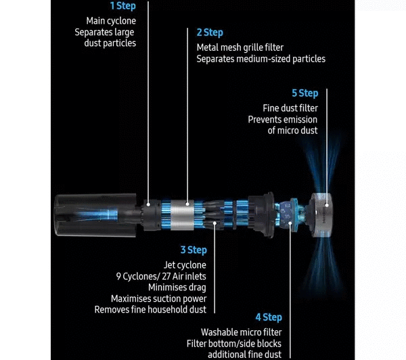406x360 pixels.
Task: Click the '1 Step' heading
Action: (x=123, y=6)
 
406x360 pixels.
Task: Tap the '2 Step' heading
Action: (x=210, y=32)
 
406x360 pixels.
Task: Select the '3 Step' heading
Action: (x=194, y=250)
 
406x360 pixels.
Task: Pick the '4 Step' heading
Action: (x=269, y=317)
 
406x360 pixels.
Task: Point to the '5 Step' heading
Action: (x=305, y=93)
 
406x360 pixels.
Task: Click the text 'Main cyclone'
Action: (x=111, y=21)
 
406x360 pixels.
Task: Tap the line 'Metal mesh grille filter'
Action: (x=240, y=47)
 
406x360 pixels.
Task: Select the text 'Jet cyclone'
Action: (x=185, y=265)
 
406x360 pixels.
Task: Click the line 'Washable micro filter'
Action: (x=242, y=332)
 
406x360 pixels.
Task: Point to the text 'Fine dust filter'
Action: (x=290, y=108)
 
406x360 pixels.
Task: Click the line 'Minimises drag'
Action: (x=177, y=287)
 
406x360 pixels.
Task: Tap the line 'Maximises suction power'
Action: (x=159, y=298)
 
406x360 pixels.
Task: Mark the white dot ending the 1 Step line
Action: (x=148, y=204)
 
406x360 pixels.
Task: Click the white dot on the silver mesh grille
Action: (x=187, y=204)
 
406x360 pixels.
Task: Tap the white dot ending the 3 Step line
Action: (x=215, y=223)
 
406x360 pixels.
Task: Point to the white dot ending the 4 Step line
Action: (x=290, y=223)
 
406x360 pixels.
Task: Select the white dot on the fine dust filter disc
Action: (x=327, y=205)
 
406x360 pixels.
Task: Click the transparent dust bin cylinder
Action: (x=95, y=215)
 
